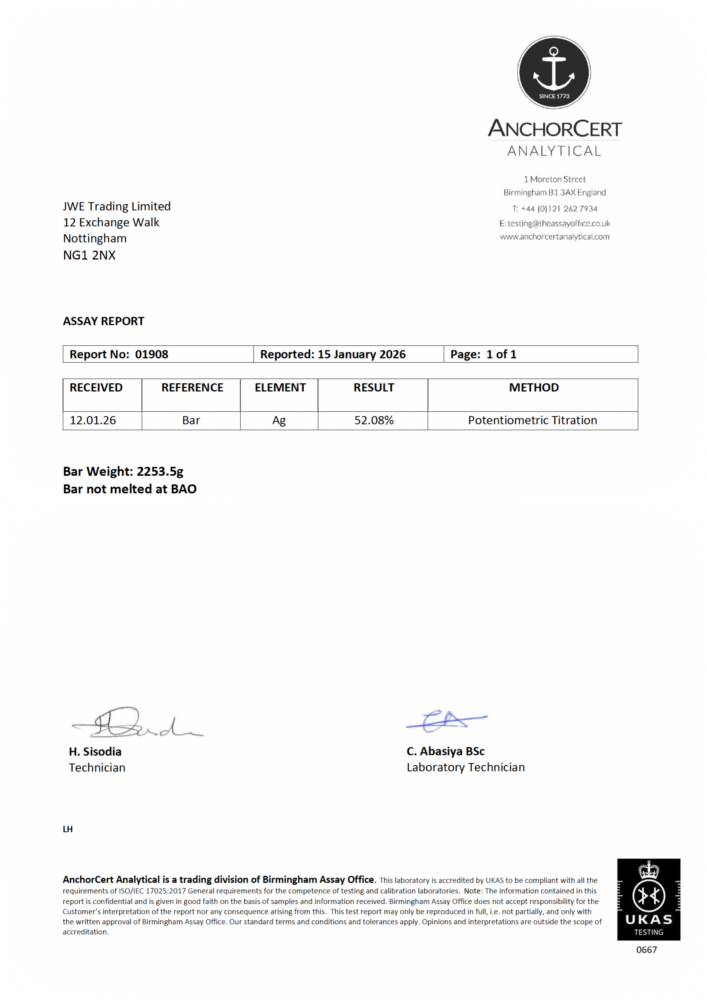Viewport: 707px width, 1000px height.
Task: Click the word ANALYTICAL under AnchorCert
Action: [554, 151]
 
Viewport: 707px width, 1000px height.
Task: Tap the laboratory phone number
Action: [559, 209]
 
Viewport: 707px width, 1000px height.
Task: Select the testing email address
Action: [559, 223]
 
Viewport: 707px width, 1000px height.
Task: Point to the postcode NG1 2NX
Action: [89, 255]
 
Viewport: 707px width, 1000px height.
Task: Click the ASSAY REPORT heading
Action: [103, 321]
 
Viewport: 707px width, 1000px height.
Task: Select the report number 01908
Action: [151, 354]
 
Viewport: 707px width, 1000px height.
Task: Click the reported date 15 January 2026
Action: [362, 354]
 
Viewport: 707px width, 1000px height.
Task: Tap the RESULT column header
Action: [374, 387]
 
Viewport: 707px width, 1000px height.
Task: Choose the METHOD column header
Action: [533, 387]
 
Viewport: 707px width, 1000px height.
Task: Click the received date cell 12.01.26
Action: [93, 420]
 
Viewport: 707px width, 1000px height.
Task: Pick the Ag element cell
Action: [279, 420]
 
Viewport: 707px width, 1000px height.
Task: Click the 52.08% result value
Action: [374, 420]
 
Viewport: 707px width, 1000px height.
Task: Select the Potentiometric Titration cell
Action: [532, 420]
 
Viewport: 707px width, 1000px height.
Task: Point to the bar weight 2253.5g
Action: [159, 471]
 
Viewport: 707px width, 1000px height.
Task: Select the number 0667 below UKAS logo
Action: [646, 950]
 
